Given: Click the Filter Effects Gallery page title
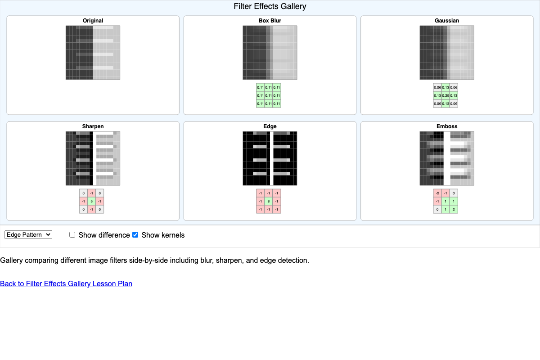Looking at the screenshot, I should tap(270, 6).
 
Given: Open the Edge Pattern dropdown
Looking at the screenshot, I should tap(28, 235).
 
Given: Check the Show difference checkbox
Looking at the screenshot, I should tap(72, 235).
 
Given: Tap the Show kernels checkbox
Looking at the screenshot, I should tap(135, 235).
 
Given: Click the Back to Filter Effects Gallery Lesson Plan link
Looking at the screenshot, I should tap(66, 283).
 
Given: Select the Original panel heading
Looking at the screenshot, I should tap(93, 21).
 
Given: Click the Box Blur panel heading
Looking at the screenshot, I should tap(270, 21).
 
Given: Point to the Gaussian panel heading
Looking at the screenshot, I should tap(447, 21).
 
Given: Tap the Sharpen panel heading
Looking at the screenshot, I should tap(93, 126).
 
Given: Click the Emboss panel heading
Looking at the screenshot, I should tap(447, 126).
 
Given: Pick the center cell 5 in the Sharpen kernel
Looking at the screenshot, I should tap(91, 201).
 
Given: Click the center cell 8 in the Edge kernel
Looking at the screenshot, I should tap(269, 201).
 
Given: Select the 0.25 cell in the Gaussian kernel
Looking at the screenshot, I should tap(445, 95).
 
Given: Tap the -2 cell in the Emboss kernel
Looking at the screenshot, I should tap(437, 193).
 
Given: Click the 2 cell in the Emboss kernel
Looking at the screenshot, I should tap(454, 209).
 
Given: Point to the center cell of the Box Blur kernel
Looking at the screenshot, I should tap(269, 95).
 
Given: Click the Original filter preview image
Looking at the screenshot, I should tap(93, 53).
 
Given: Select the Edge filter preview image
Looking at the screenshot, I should tap(270, 158).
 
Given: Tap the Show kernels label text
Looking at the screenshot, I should tap(163, 235).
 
